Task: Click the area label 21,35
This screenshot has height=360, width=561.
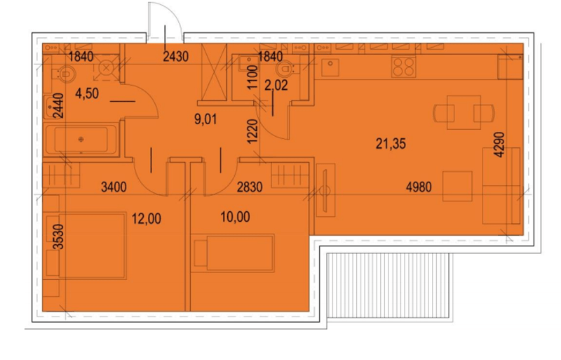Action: [391, 144]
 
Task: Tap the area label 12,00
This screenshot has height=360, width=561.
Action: [147, 218]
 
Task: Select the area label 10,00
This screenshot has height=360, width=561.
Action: [235, 217]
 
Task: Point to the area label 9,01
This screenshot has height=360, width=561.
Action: [205, 119]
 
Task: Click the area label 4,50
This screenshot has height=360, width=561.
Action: [87, 94]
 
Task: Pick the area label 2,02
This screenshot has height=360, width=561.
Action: [276, 86]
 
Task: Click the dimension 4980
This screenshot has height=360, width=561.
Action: [419, 187]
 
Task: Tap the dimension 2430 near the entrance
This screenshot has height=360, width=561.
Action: [175, 56]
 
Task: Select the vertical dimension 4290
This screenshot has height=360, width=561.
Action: [499, 145]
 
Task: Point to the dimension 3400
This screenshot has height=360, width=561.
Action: [114, 187]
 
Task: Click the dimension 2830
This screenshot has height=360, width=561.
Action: [250, 187]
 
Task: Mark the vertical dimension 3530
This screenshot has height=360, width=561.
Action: [58, 236]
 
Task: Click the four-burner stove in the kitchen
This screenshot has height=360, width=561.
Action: [404, 67]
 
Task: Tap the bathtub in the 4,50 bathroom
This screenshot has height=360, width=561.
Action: [81, 140]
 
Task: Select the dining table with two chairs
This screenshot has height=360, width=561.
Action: [464, 112]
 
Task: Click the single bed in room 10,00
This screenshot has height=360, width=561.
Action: [233, 253]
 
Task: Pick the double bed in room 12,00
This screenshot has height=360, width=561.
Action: [86, 246]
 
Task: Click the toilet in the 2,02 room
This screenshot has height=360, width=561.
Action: [285, 69]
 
